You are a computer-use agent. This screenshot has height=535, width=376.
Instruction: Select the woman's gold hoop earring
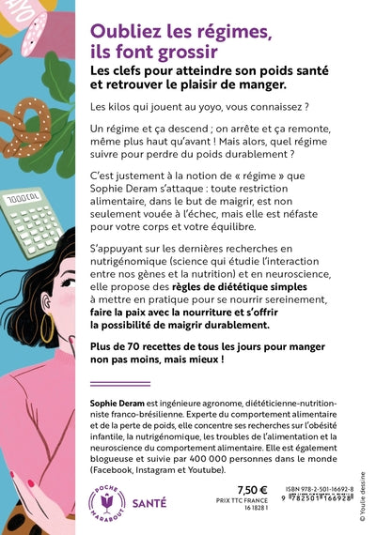tap(47, 329)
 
